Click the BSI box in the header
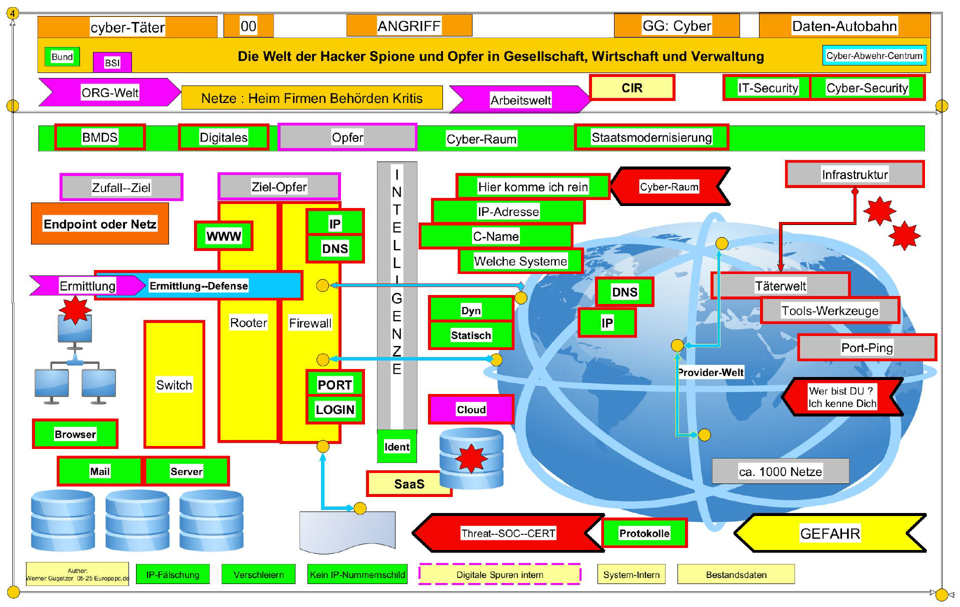[x=112, y=62]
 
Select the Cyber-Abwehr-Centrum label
[x=874, y=55]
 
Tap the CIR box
[x=632, y=88]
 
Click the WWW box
[x=223, y=236]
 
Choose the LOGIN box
[x=334, y=410]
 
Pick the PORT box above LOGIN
[x=334, y=384]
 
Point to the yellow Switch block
[x=174, y=384]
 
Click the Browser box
[x=75, y=434]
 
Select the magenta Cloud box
[x=471, y=409]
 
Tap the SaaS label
[x=408, y=484]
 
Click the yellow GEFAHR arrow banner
[x=830, y=533]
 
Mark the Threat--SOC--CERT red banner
[x=507, y=533]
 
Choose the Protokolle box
[x=644, y=533]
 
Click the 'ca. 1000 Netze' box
[x=780, y=471]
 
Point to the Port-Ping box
[x=866, y=348]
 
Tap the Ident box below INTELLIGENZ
[x=396, y=446]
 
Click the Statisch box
[x=470, y=335]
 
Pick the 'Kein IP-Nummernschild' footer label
[x=357, y=574]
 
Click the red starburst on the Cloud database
[x=470, y=458]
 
